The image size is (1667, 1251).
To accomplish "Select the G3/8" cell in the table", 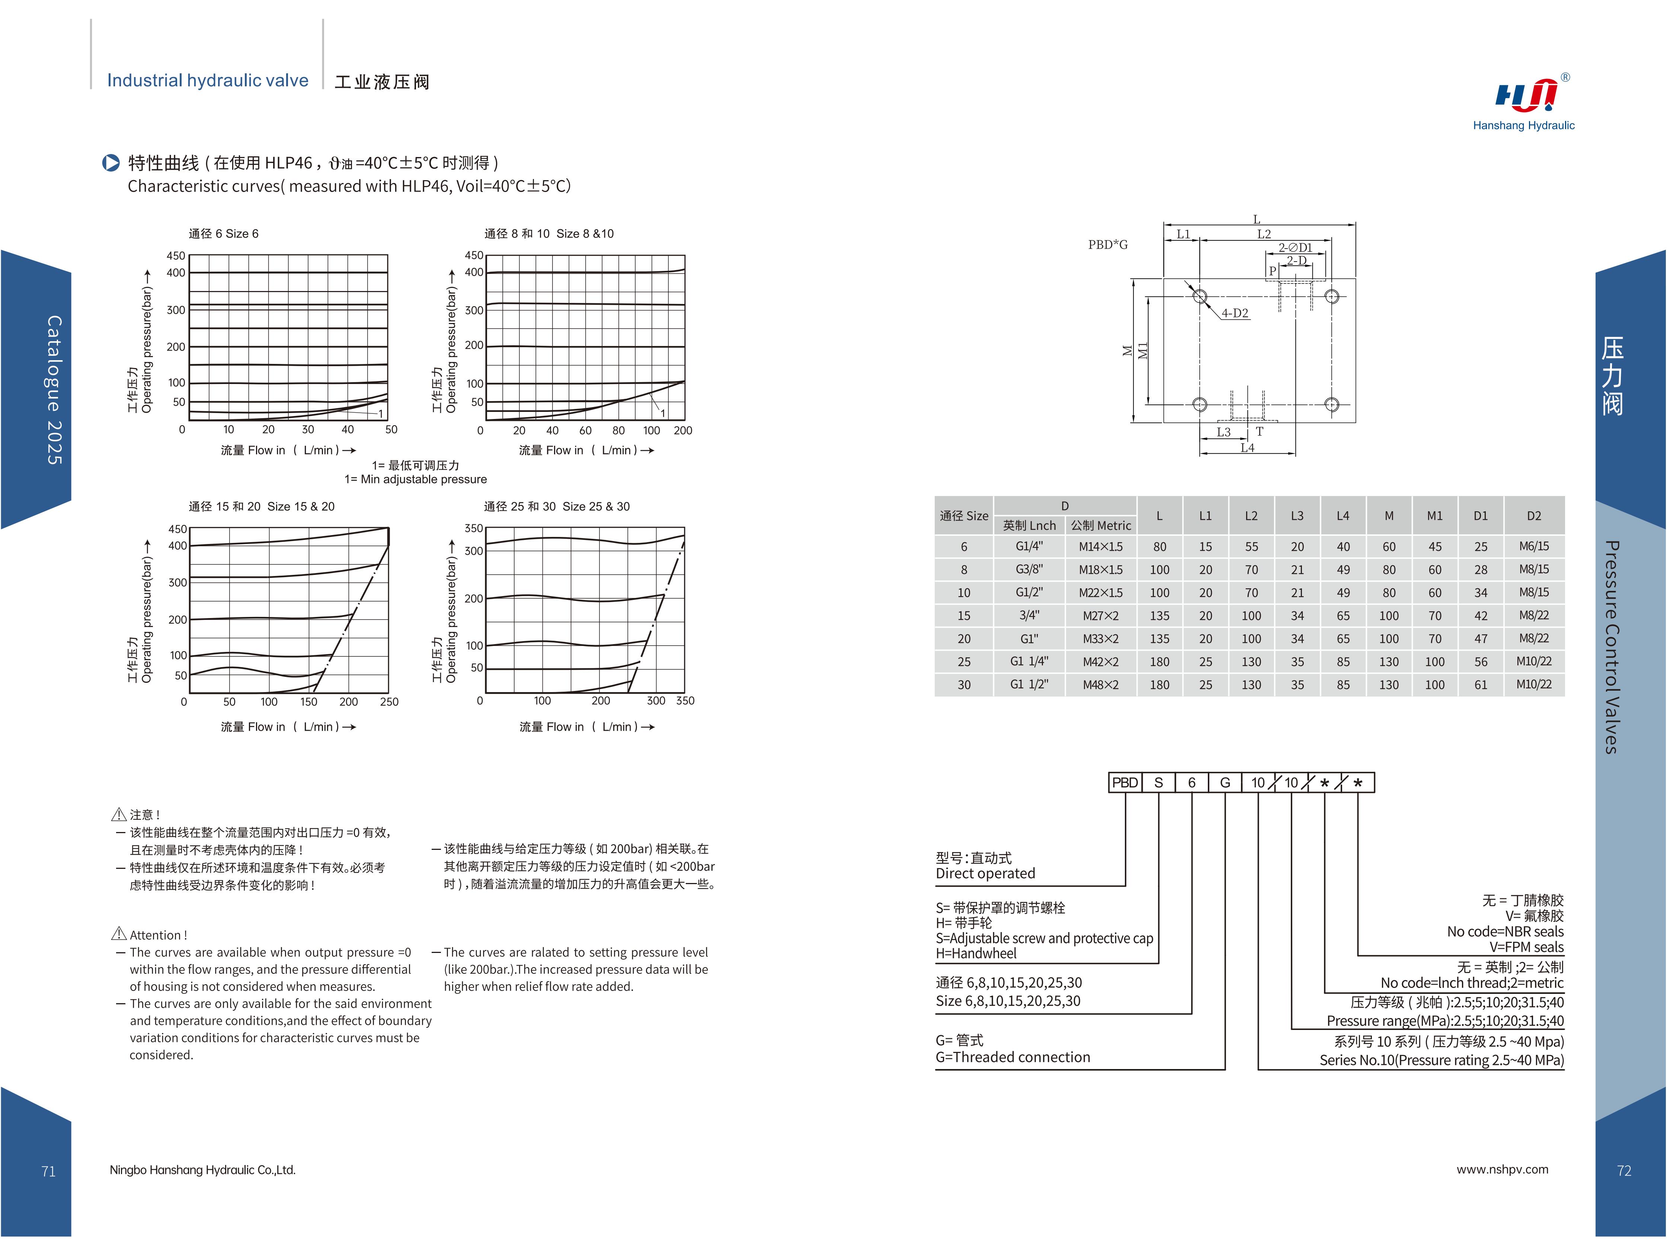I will point(1029,570).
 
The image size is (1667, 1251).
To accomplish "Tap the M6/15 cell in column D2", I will point(1534,546).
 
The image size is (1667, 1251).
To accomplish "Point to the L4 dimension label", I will point(1247,448).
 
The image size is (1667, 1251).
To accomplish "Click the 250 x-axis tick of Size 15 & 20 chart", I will point(389,702).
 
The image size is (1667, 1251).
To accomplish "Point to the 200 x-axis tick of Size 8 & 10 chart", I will point(683,430).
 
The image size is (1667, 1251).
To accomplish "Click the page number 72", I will point(1624,1170).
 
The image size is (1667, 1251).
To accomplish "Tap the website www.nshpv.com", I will point(1502,1170).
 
